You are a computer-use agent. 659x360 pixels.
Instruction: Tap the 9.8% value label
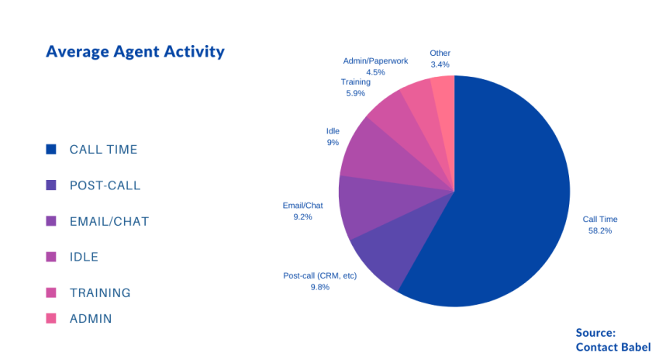pyautogui.click(x=319, y=287)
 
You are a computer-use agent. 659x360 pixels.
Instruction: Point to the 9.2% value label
pyautogui.click(x=302, y=217)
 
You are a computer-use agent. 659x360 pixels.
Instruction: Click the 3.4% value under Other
pyautogui.click(x=440, y=65)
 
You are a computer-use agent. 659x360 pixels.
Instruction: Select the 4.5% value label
pyautogui.click(x=375, y=72)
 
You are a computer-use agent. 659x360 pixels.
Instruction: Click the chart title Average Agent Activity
pyautogui.click(x=135, y=52)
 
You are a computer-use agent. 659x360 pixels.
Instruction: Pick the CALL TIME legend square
pyautogui.click(x=51, y=149)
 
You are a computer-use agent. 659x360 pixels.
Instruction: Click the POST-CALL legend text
pyautogui.click(x=105, y=185)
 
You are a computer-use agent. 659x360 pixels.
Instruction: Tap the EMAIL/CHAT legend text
pyautogui.click(x=109, y=221)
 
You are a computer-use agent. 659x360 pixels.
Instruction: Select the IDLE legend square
pyautogui.click(x=51, y=257)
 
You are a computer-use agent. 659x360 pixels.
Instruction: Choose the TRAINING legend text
pyautogui.click(x=100, y=292)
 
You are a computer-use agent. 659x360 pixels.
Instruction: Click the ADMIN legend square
pyautogui.click(x=51, y=318)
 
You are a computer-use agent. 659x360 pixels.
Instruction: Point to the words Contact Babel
pyautogui.click(x=612, y=347)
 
